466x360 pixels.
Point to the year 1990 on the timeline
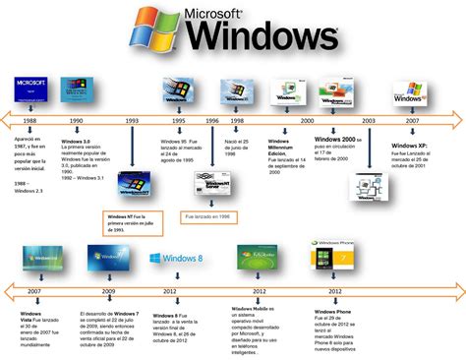76,119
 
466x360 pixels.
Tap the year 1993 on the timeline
131,119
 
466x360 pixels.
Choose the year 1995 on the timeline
178,119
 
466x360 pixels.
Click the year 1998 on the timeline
236,119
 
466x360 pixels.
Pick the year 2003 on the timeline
369,119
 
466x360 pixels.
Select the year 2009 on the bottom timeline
108,292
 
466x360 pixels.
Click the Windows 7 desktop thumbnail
109,260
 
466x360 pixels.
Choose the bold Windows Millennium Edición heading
285,147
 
